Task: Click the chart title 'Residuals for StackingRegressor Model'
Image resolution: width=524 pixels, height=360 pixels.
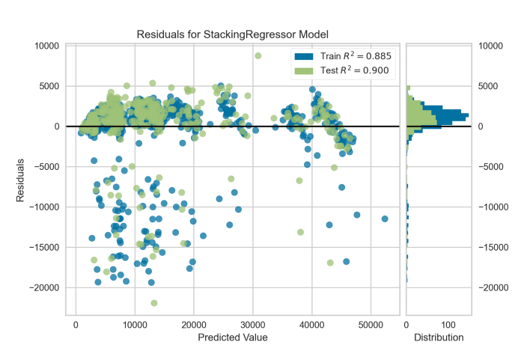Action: coord(233,34)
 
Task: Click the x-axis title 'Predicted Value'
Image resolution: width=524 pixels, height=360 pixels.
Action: coord(233,338)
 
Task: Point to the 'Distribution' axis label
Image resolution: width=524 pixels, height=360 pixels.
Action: coord(439,338)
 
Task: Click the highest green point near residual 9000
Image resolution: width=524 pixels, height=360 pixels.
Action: coord(258,55)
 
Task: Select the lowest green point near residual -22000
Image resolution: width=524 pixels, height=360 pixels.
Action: coord(154,303)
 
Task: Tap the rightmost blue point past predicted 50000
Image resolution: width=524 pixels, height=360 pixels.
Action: coord(385,219)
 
